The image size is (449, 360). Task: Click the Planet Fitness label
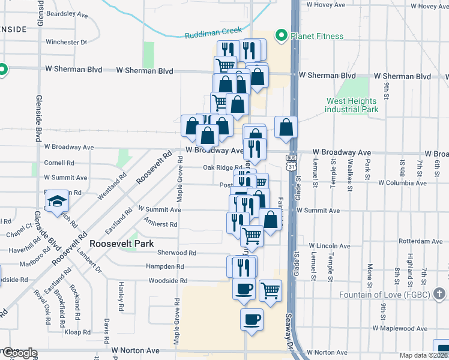317,36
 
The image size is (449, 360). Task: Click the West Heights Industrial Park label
352,106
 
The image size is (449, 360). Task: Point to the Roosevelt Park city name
122,244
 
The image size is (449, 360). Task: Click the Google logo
19,353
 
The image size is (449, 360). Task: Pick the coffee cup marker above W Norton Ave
251,319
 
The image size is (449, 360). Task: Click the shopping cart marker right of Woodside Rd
271,291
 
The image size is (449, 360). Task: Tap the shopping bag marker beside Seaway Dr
286,127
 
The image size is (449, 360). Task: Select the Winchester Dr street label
67,43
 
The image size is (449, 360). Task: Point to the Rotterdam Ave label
420,242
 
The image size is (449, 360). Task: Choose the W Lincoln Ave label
330,246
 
